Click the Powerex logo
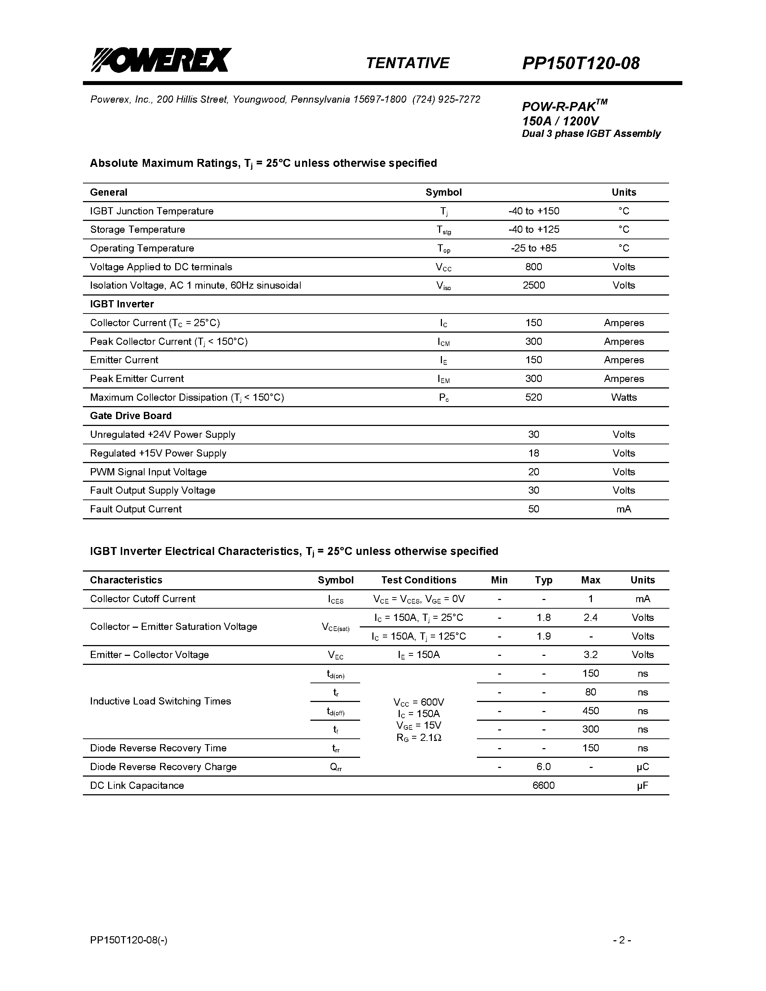(x=161, y=60)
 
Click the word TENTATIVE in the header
(x=407, y=63)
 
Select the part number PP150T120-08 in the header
(x=580, y=63)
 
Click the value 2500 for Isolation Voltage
(x=533, y=285)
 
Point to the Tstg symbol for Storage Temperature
(x=443, y=230)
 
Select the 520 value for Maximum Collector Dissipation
(x=533, y=397)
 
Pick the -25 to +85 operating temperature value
(x=533, y=248)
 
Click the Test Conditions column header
(x=419, y=580)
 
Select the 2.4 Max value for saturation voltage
(x=590, y=618)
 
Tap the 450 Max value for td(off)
(x=590, y=711)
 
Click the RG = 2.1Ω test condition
(x=419, y=738)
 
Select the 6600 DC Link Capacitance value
(x=543, y=786)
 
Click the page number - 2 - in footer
(x=622, y=940)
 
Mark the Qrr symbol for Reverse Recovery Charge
(x=336, y=767)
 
